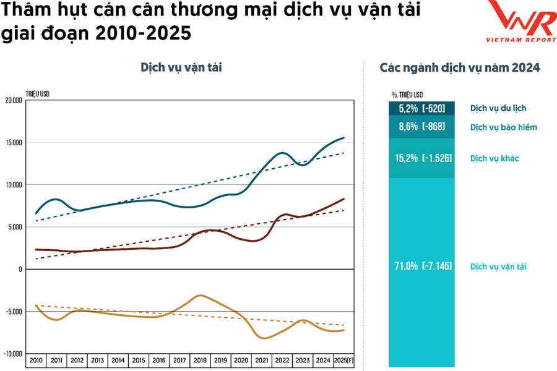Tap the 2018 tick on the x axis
[199, 359]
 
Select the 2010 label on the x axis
[35, 359]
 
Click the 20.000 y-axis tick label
[13, 100]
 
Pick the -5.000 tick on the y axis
[13, 312]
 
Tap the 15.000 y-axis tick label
[13, 143]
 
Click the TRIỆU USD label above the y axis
[38, 93]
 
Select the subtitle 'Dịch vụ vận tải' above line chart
[181, 67]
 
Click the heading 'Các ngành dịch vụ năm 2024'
[460, 67]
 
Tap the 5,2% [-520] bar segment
[422, 109]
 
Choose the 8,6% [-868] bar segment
[422, 127]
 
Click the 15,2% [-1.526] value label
[423, 158]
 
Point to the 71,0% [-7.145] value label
[423, 267]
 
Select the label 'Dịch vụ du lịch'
[498, 108]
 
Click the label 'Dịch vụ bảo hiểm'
[503, 127]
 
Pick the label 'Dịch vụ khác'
[494, 158]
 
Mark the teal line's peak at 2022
[282, 153]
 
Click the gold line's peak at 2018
[199, 296]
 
